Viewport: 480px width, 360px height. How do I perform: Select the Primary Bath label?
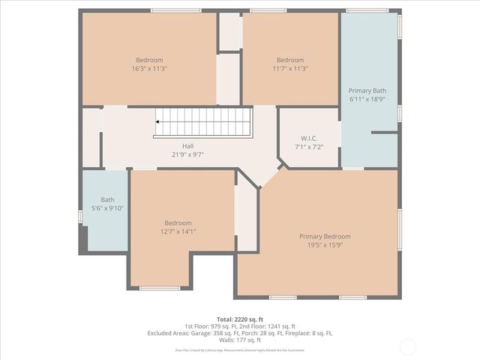click(367, 90)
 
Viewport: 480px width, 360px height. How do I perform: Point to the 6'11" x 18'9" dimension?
click(367, 98)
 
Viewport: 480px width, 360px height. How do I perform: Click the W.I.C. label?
click(309, 137)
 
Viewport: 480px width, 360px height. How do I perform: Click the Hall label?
click(187, 146)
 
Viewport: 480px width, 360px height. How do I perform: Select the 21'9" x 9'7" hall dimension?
click(187, 154)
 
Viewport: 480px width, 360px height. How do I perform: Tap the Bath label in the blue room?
click(107, 199)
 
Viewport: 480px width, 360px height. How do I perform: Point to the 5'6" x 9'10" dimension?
click(107, 208)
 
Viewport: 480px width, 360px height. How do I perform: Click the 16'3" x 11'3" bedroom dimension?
click(149, 68)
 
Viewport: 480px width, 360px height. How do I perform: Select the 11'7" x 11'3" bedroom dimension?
click(290, 68)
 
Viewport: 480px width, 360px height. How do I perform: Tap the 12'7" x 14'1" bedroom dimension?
click(178, 231)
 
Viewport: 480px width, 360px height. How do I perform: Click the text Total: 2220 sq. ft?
click(240, 319)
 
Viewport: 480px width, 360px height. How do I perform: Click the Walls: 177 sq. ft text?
click(240, 340)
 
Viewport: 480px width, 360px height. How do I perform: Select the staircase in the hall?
click(203, 121)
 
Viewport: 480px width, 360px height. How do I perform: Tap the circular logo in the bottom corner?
click(408, 346)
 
